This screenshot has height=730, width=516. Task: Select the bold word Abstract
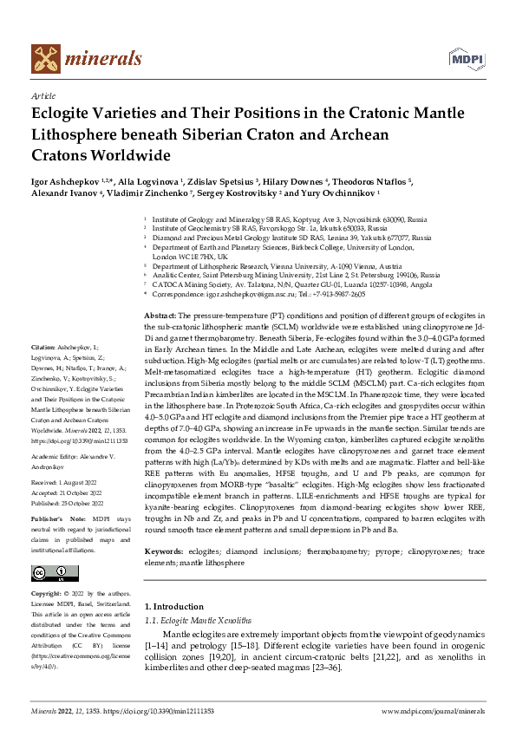pyautogui.click(x=160, y=313)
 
